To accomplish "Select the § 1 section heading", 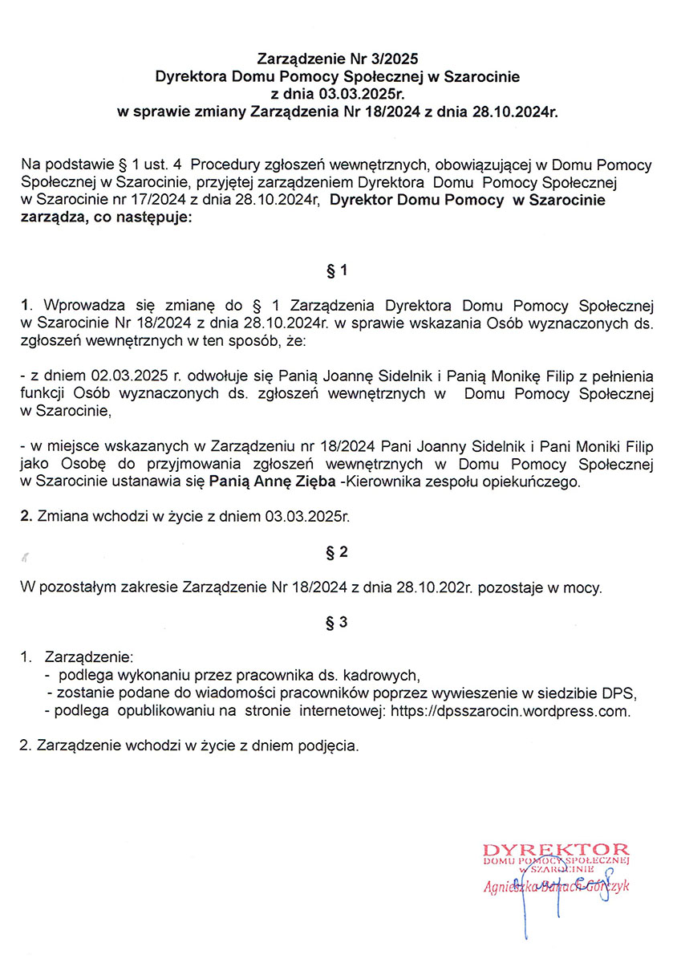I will tap(337, 271).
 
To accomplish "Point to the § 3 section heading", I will tap(337, 622).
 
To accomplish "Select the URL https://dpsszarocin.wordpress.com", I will tap(510, 711).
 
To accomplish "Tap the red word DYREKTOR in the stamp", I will tap(556, 850).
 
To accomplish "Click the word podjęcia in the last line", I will tap(327, 746).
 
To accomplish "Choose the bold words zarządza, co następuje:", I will tap(107, 219).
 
